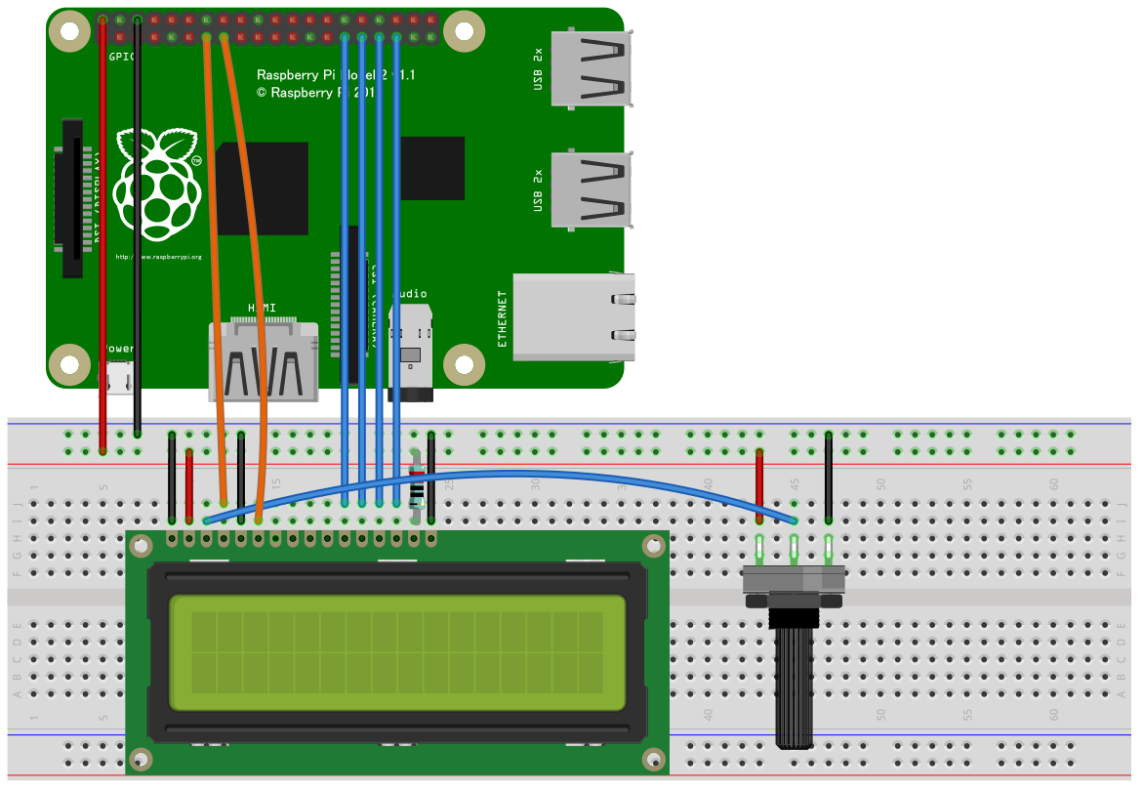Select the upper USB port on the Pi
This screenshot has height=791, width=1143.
tap(592, 68)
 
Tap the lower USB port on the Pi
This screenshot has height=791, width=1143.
tap(592, 189)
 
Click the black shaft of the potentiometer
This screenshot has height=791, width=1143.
tap(796, 684)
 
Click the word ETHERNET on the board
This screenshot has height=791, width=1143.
tap(503, 318)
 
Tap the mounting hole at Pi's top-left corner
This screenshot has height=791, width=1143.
tap(69, 31)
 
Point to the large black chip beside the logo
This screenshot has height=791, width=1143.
tap(262, 187)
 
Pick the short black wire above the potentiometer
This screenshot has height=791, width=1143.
tap(829, 479)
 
